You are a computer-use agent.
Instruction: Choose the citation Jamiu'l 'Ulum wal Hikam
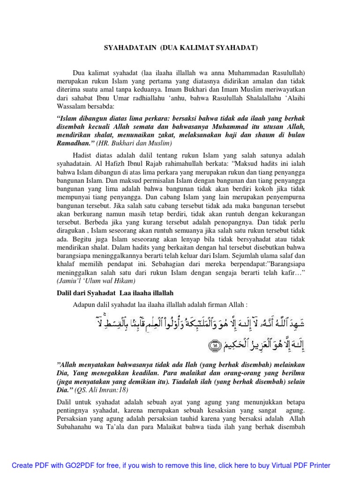coord(96,281)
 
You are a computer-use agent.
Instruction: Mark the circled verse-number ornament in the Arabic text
coord(215,346)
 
